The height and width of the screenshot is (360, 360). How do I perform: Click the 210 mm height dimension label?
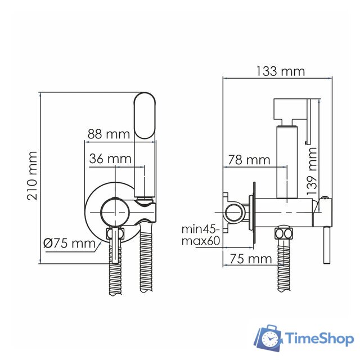pos(32,176)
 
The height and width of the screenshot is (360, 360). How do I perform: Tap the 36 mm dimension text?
pos(110,159)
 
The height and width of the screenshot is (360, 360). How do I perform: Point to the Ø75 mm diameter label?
pos(69,244)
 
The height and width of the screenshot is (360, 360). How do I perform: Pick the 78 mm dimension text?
pos(249,160)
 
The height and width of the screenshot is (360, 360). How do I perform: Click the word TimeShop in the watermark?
pos(319,339)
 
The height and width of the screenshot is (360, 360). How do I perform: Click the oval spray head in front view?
pos(146,116)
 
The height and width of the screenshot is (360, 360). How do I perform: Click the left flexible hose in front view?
pos(115,278)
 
